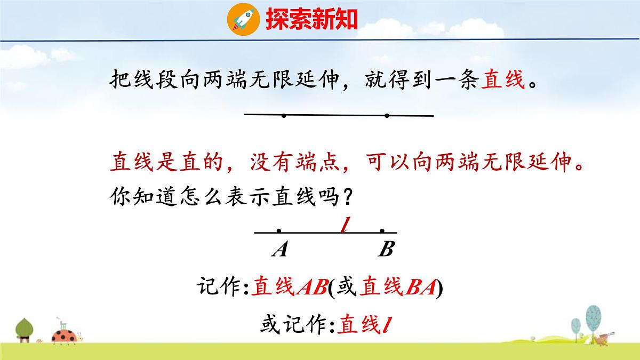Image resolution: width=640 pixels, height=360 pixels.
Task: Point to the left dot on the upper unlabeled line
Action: tap(284, 115)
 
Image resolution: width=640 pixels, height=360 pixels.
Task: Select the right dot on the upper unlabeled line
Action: tap(387, 115)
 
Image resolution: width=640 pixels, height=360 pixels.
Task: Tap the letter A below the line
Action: tap(279, 249)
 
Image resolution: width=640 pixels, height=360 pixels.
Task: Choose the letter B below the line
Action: tap(385, 249)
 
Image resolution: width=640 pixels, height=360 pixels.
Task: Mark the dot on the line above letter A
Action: tap(279, 231)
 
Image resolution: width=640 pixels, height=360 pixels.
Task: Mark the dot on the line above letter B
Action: tap(382, 231)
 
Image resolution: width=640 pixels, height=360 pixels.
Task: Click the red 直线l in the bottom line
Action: tap(366, 324)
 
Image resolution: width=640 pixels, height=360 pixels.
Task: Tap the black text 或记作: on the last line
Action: tap(299, 324)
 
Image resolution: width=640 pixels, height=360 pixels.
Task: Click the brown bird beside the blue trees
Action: tap(604, 337)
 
